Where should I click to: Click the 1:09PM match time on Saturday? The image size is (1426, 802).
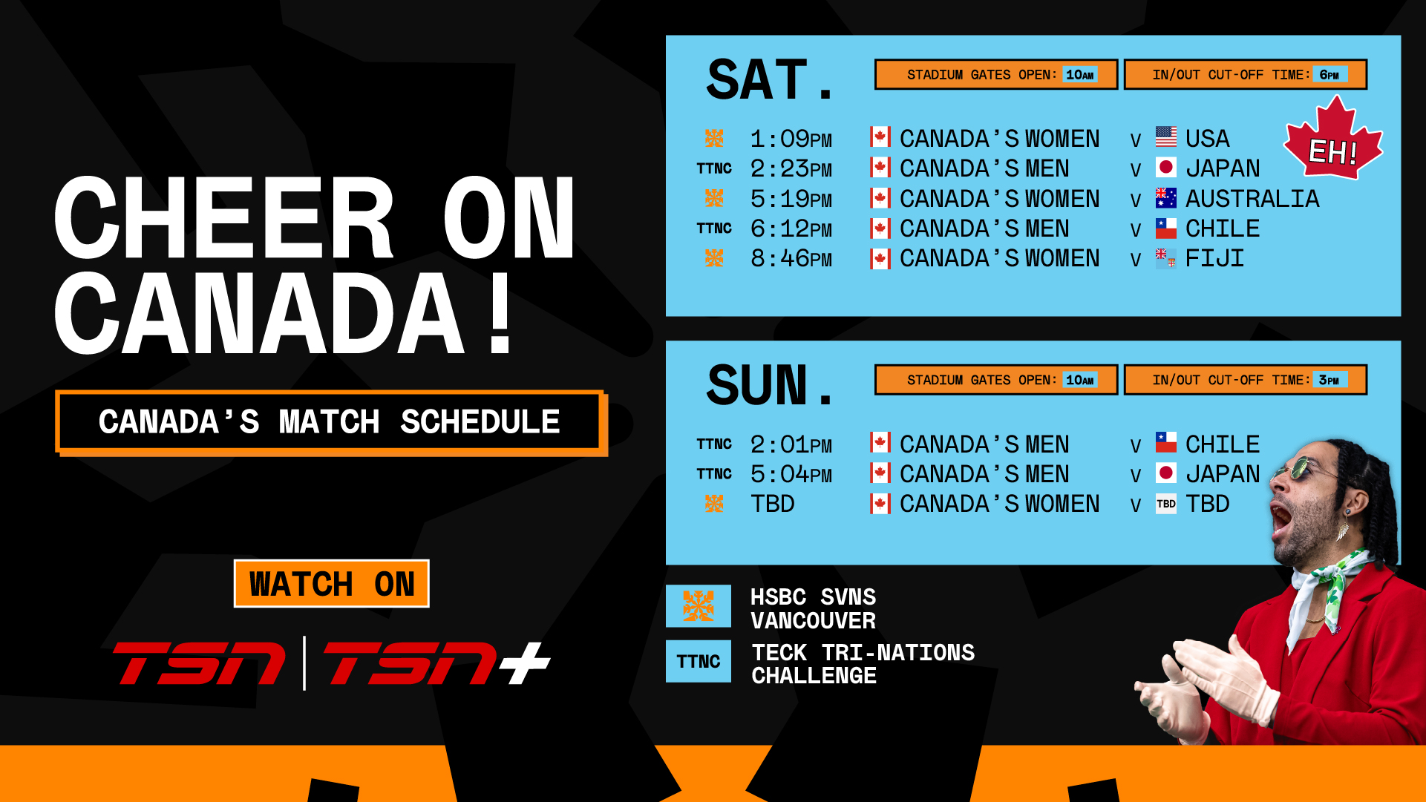tap(791, 139)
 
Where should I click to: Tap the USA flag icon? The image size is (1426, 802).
tap(1165, 137)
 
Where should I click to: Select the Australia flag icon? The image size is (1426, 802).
tap(1165, 197)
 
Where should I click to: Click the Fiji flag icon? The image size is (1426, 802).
tap(1165, 257)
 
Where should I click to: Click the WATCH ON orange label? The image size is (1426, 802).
tap(331, 584)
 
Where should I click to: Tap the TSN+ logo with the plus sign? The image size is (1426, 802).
tap(437, 663)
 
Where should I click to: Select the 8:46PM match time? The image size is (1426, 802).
tap(791, 258)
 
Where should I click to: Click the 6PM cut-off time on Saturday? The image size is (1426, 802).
tap(1329, 74)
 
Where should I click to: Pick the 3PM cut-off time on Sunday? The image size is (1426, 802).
tap(1329, 380)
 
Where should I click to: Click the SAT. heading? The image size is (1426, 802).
tap(770, 79)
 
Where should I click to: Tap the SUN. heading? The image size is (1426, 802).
tap(770, 385)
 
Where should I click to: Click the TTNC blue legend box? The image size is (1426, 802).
tap(698, 661)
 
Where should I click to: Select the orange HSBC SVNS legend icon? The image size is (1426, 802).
tap(698, 606)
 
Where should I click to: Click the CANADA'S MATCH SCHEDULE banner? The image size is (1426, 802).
tap(330, 421)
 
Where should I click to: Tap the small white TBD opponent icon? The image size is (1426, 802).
tap(1165, 504)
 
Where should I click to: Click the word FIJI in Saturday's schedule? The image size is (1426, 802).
tap(1214, 258)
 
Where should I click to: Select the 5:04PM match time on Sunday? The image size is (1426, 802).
tap(791, 474)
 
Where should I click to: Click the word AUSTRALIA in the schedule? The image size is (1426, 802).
tap(1252, 199)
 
